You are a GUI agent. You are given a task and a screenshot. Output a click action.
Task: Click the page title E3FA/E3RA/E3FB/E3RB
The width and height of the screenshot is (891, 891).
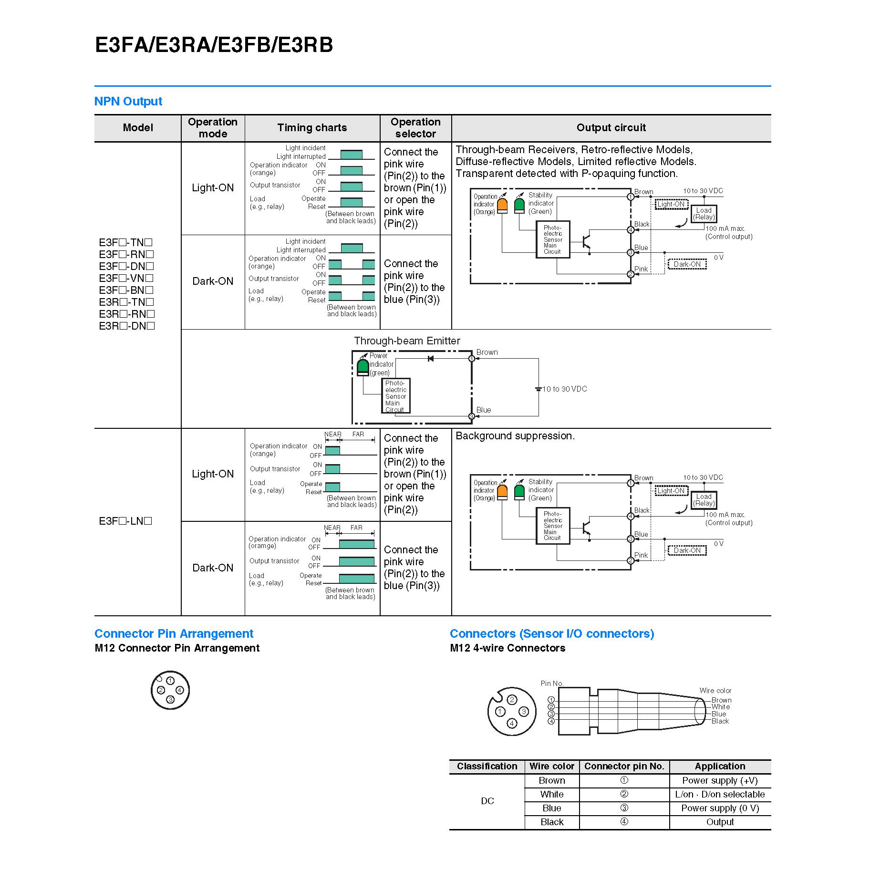tap(214, 45)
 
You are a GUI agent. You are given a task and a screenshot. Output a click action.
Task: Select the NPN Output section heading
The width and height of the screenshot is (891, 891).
tap(128, 101)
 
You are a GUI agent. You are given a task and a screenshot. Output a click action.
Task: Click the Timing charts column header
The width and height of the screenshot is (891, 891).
tap(312, 127)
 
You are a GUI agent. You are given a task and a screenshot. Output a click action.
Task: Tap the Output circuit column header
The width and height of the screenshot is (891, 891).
tap(611, 127)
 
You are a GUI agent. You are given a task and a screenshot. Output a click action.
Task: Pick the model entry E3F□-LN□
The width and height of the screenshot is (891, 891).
tap(125, 521)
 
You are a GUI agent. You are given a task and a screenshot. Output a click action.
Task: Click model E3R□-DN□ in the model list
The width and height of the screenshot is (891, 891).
tap(127, 326)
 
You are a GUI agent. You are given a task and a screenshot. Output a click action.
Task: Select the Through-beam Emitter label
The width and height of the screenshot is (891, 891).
tap(407, 341)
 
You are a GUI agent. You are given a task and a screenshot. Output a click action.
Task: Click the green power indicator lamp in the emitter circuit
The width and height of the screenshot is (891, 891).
tap(363, 367)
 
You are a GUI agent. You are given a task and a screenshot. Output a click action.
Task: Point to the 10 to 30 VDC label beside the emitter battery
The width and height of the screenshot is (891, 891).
tap(565, 389)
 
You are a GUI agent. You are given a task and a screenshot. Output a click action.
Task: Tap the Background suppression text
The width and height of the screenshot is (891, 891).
tap(515, 435)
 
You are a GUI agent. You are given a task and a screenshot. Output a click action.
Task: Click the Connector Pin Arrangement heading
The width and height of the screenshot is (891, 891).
tap(174, 633)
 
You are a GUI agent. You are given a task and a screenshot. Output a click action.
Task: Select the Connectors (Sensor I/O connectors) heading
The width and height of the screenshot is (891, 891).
tap(552, 633)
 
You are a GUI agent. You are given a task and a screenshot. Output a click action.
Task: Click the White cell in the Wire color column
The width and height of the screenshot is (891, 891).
tap(552, 794)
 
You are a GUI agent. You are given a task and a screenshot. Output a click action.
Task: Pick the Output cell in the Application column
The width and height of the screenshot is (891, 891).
tap(720, 822)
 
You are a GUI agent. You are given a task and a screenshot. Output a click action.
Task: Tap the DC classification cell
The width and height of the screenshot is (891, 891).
tap(487, 801)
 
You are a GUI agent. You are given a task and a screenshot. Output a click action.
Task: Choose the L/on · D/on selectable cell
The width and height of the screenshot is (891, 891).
tap(720, 794)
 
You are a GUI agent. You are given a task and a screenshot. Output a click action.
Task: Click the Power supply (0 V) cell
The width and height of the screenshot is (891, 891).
tap(720, 808)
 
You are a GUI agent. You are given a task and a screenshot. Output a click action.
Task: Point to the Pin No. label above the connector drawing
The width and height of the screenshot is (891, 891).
tap(552, 684)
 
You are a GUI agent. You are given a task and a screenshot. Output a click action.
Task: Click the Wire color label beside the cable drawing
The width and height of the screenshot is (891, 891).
tap(715, 690)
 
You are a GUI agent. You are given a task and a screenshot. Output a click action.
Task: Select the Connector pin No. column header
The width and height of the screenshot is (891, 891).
tap(624, 766)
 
